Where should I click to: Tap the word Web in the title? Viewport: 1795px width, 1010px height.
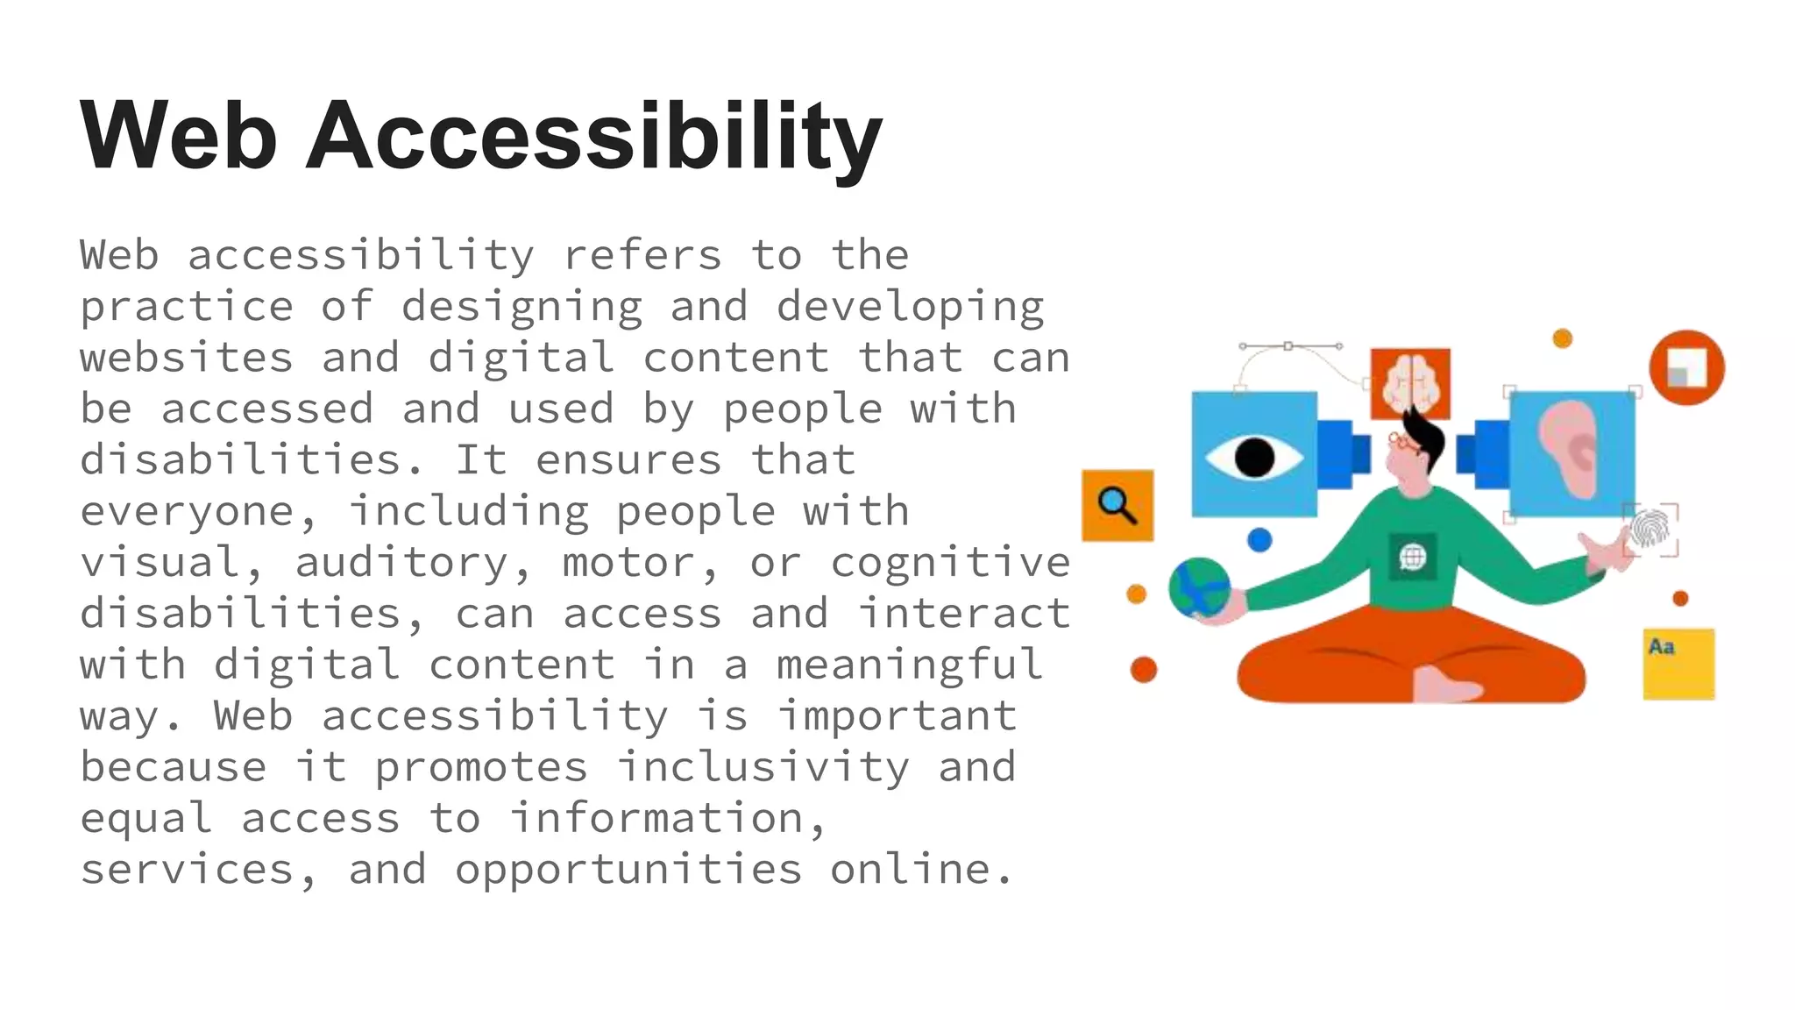(179, 136)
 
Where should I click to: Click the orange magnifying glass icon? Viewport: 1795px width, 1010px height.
(1117, 505)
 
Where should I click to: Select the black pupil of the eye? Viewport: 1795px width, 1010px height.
(1253, 457)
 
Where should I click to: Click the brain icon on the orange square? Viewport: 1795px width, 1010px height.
(1410, 382)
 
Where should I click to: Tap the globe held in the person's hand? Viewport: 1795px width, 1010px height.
(1199, 587)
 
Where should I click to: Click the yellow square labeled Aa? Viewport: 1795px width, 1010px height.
(1678, 664)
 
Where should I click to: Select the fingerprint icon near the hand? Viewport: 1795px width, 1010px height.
(1650, 529)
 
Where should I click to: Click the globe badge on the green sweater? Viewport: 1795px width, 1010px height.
(1412, 557)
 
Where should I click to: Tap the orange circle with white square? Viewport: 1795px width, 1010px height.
(1686, 366)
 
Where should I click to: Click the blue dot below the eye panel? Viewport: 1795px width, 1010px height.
(1259, 539)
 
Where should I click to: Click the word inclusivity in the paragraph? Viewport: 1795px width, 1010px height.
(763, 768)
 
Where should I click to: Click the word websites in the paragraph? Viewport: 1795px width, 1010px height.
(187, 358)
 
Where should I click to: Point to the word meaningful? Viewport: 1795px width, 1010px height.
(909, 665)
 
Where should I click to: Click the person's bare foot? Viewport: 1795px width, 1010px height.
(1446, 685)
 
